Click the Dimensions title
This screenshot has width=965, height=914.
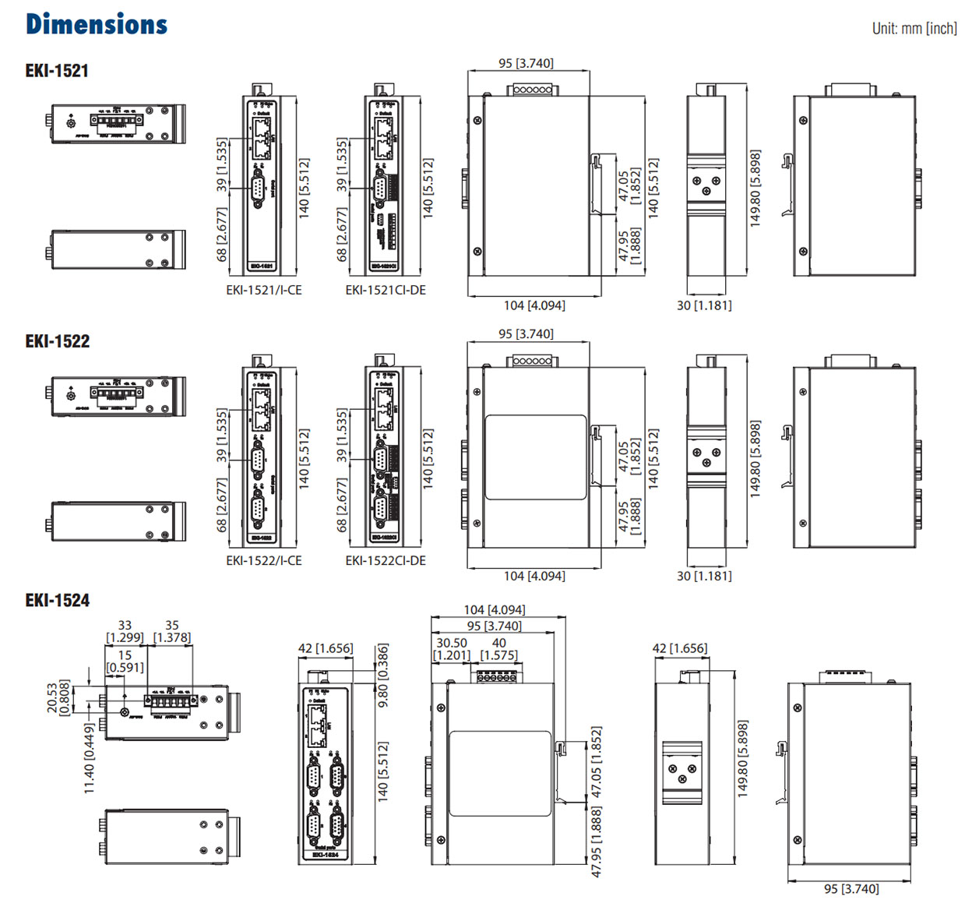[97, 24]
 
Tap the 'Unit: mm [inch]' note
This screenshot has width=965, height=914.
[914, 29]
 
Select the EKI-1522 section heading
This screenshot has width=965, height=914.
[57, 341]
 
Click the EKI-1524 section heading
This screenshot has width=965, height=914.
[57, 600]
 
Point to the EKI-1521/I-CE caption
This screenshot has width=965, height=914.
[263, 290]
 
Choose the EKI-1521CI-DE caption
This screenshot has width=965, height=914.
[386, 290]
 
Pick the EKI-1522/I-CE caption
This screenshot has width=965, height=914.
[263, 560]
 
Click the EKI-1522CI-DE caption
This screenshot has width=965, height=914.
[386, 560]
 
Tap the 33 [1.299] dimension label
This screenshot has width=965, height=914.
[125, 631]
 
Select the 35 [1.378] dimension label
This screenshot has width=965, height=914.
[172, 631]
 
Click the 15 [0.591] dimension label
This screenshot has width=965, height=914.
[125, 662]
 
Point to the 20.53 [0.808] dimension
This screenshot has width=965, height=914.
[58, 697]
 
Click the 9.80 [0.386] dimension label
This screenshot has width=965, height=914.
[382, 675]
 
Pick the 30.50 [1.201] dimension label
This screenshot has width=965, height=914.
[452, 648]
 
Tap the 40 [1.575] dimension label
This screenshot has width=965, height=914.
[499, 648]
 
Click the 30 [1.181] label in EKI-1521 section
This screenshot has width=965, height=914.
[704, 305]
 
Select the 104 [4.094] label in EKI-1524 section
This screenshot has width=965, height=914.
[494, 609]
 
